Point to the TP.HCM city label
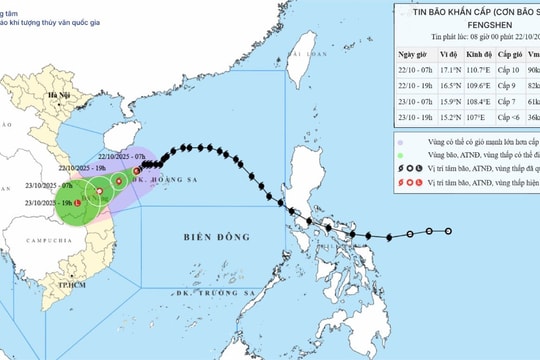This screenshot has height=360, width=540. tap(69, 285)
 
